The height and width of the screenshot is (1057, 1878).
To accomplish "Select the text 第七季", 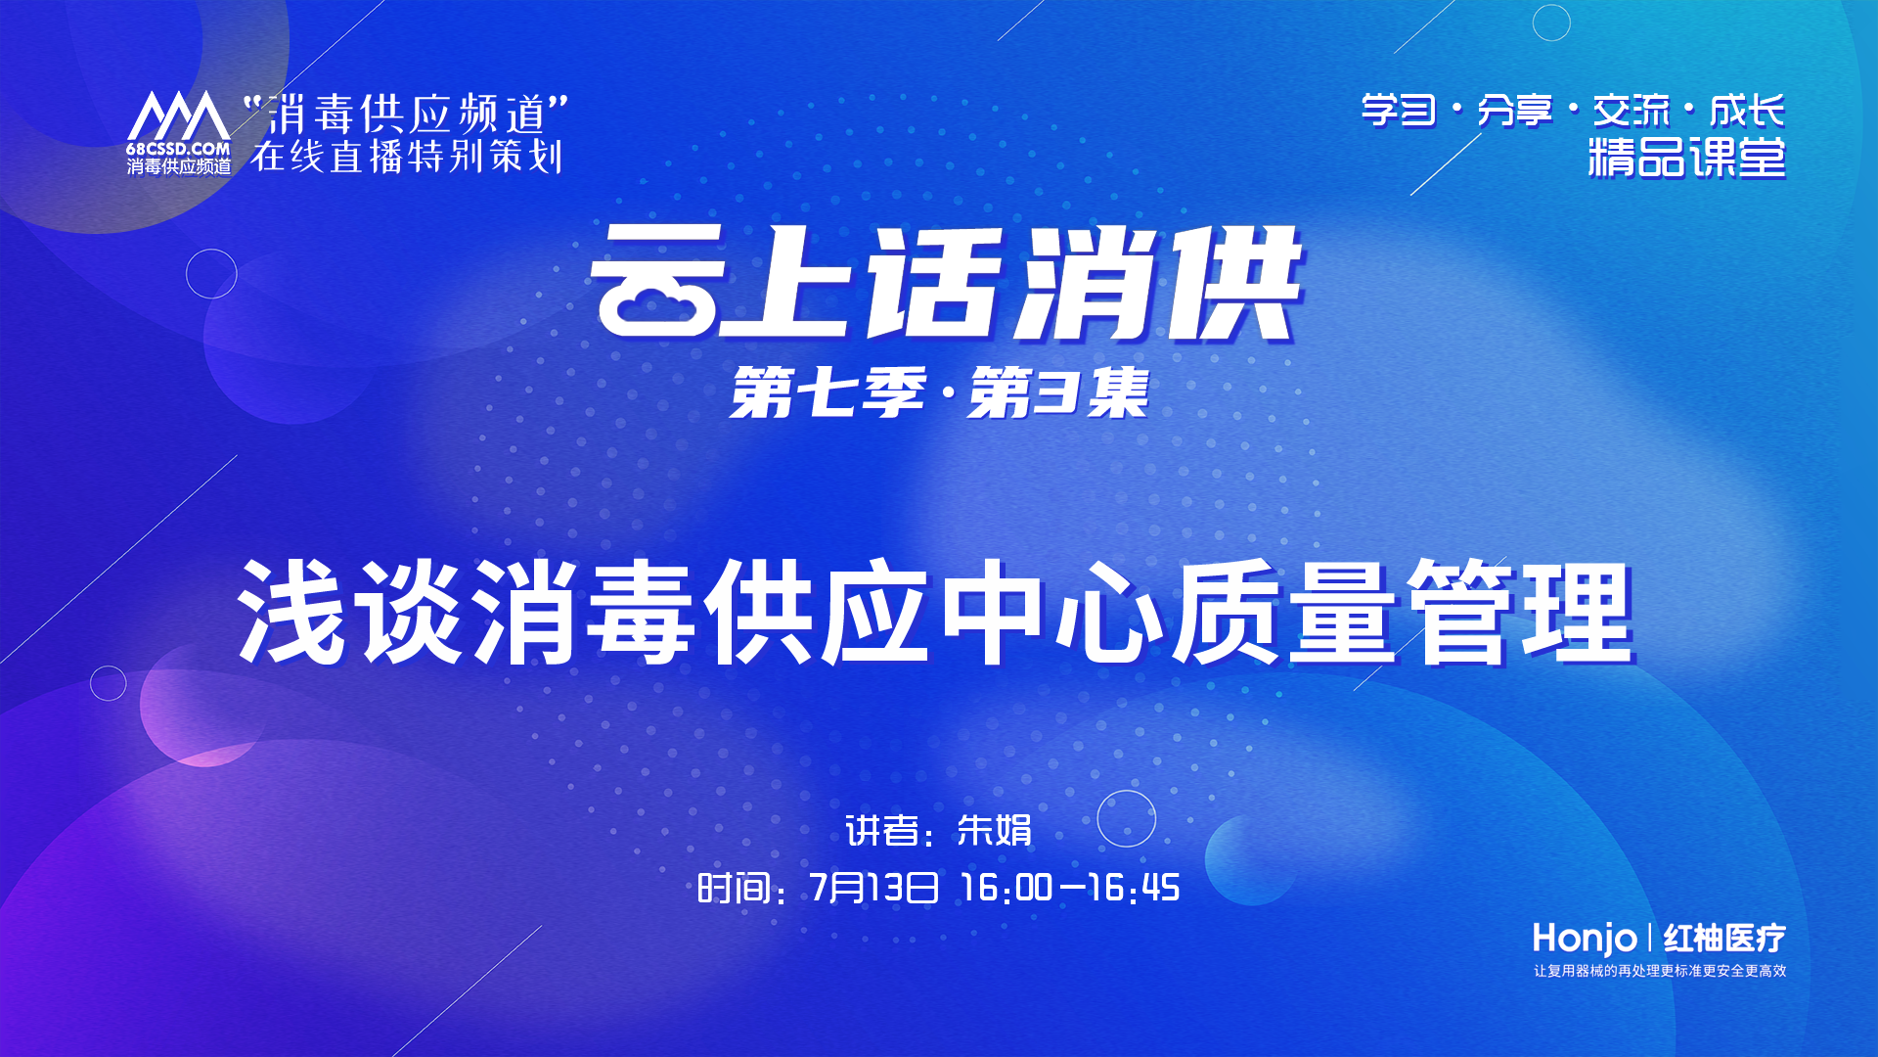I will click(827, 393).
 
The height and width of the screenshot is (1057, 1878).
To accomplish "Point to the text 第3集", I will click(1058, 393).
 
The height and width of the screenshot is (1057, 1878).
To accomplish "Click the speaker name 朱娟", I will click(994, 831).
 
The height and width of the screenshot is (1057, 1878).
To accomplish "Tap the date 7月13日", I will click(873, 888).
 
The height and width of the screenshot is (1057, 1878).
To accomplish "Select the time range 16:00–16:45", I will click(1070, 888).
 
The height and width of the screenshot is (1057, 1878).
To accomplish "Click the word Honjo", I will click(1584, 939).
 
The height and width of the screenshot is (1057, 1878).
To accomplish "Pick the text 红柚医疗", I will click(1724, 938).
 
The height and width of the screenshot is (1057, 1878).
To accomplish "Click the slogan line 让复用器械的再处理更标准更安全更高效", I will click(1660, 971).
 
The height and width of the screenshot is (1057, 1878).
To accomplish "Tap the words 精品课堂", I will click(1686, 158).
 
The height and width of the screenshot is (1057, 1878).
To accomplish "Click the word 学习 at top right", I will click(1399, 111).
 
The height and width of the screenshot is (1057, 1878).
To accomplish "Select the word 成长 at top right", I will click(1747, 111).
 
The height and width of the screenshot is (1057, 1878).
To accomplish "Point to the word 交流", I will click(1631, 111).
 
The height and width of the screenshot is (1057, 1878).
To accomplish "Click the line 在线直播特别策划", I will click(407, 158).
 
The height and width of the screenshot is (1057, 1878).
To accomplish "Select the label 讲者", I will click(881, 831).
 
